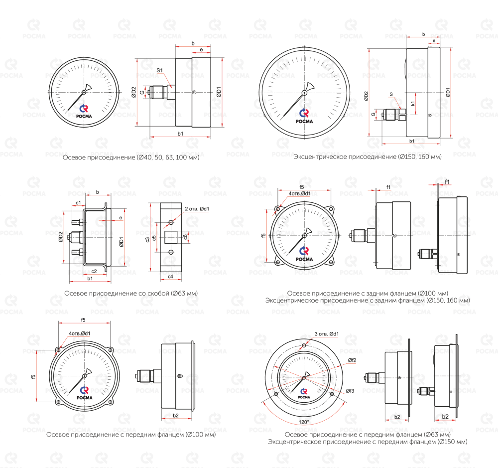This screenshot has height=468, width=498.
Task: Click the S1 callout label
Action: [x=159, y=70]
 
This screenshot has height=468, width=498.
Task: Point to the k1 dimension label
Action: [x=412, y=103]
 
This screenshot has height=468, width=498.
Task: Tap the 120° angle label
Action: [x=304, y=422]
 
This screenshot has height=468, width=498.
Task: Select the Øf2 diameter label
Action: [x=352, y=360]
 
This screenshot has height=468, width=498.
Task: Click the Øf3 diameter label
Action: [x=350, y=391]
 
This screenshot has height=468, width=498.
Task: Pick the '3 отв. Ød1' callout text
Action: [x=327, y=334]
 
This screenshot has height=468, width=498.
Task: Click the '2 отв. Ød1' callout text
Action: [x=197, y=209]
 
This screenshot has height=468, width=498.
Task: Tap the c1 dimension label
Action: [x=78, y=202]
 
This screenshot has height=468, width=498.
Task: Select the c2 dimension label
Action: [x=94, y=271]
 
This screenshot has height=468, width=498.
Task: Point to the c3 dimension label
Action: [x=147, y=239]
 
